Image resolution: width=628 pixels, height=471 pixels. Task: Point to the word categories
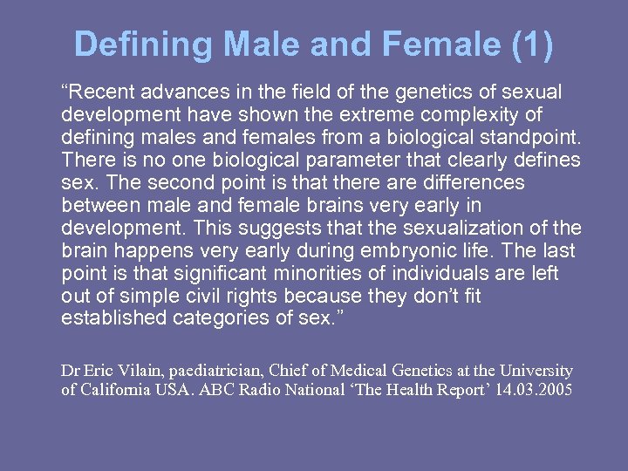tap(220, 318)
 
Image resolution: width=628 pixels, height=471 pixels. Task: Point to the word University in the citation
tap(539, 371)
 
